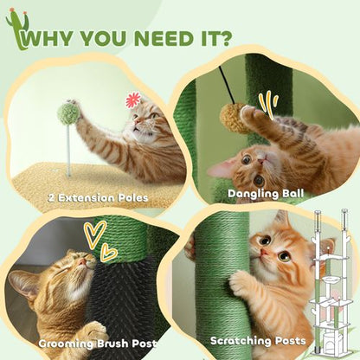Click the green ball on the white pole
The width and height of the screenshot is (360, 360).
68,112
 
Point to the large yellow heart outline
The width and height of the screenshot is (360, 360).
95,234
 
